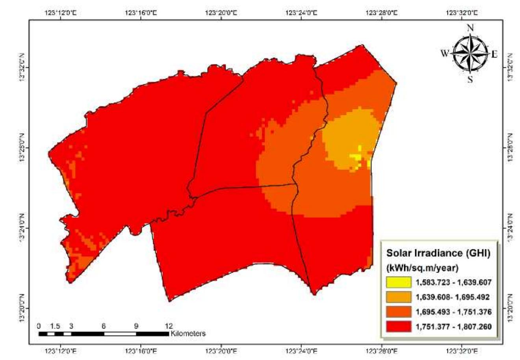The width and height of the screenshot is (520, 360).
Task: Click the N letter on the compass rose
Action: pyautogui.click(x=470, y=28)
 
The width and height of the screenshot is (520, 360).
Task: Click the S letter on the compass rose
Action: pyautogui.click(x=470, y=79)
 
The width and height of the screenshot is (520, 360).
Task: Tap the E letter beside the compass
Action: pyautogui.click(x=494, y=54)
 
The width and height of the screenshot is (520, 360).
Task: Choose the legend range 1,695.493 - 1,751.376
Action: pyautogui.click(x=453, y=312)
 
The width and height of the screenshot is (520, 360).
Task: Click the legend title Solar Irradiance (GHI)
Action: pyautogui.click(x=438, y=254)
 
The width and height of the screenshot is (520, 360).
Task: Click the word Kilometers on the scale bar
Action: pyautogui.click(x=188, y=333)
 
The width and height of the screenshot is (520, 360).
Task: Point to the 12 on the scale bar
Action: pyautogui.click(x=169, y=326)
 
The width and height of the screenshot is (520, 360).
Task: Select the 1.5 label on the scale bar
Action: pyautogui.click(x=55, y=326)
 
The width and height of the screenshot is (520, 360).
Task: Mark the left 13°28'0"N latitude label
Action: pyautogui.click(x=22, y=148)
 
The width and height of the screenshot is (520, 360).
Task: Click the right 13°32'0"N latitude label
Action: pyautogui.click(x=511, y=67)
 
